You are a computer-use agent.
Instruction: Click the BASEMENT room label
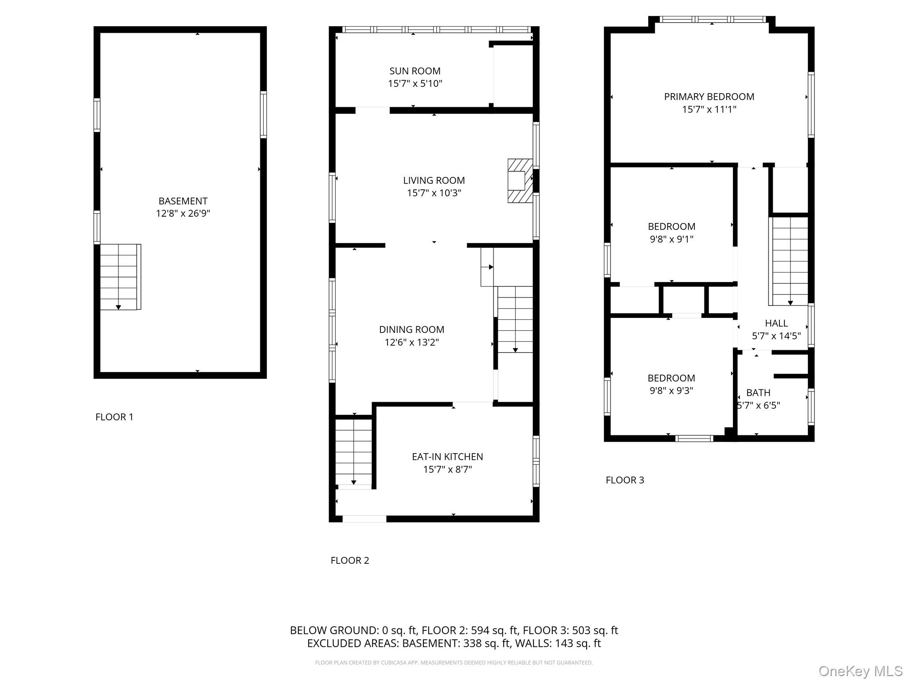183,201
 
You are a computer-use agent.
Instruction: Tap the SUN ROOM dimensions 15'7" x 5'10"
415,84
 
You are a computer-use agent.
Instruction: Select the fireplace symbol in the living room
520,181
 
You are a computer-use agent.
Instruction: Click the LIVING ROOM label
434,180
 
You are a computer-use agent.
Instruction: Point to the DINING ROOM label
411,329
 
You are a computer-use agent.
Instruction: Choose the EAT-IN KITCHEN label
447,457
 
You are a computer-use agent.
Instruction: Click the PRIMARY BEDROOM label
709,97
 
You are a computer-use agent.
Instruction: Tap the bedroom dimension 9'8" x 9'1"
671,239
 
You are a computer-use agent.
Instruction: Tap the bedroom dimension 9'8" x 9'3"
671,391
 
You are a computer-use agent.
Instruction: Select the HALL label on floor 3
776,323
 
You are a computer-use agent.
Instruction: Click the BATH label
758,393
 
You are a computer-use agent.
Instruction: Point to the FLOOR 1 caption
114,417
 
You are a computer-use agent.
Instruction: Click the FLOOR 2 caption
350,560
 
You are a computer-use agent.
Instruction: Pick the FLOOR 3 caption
625,480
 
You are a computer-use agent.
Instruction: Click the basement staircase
119,277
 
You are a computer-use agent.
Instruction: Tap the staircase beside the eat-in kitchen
353,452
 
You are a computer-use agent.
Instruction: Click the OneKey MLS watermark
860,671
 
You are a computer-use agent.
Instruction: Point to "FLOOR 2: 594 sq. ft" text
470,630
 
